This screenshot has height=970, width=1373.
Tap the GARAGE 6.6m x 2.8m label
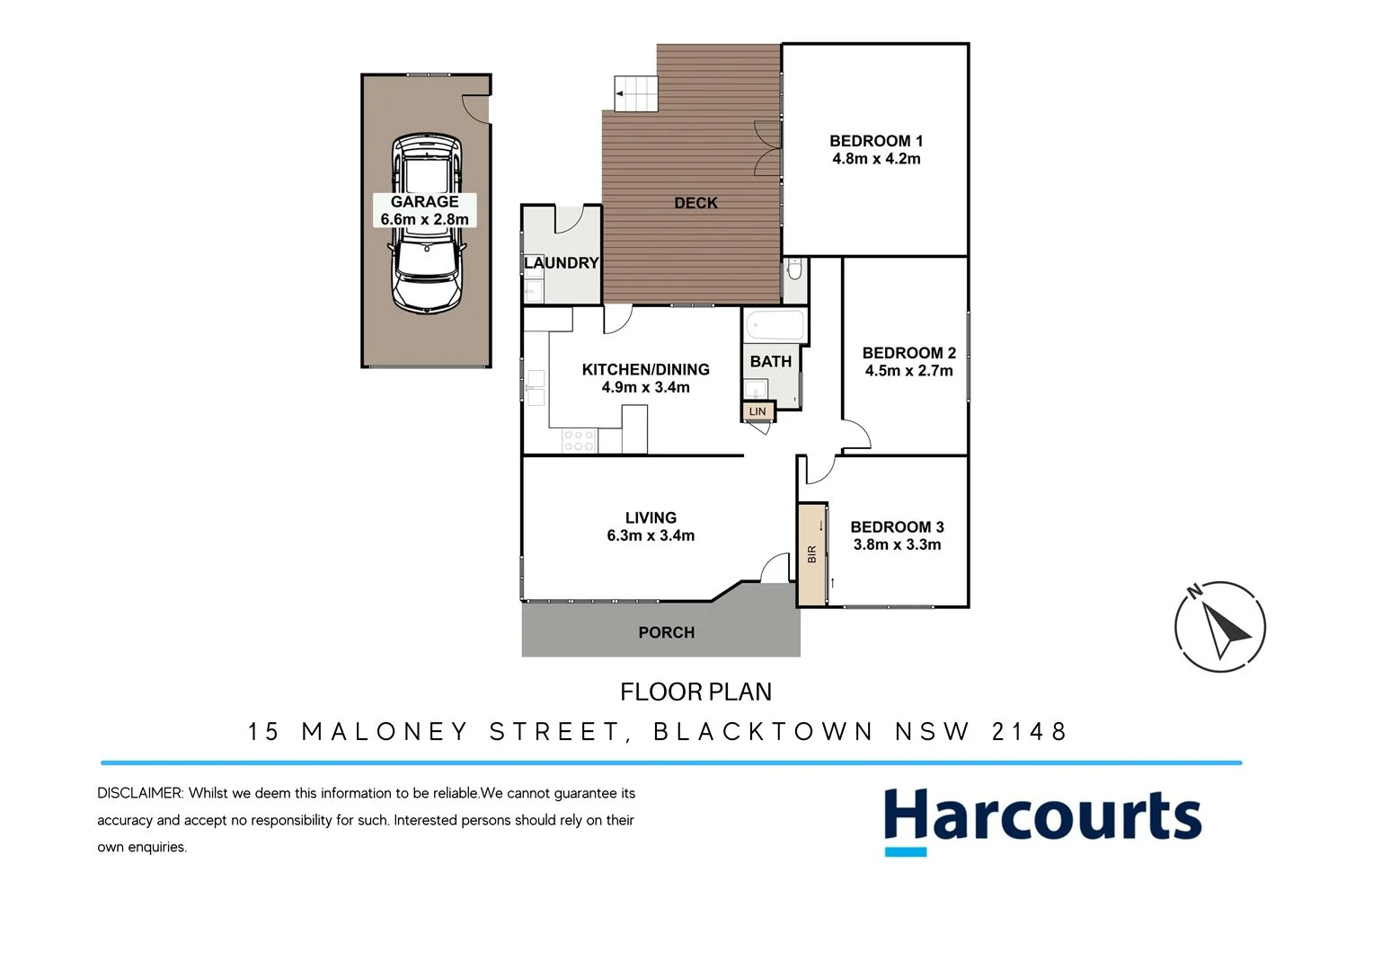[x=424, y=210]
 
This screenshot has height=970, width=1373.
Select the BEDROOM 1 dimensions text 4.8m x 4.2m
[x=876, y=159]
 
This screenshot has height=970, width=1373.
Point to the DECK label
[x=695, y=203]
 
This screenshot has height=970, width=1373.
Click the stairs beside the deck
[x=636, y=93]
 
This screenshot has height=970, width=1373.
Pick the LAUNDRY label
[x=561, y=262]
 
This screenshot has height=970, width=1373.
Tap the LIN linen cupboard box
[x=757, y=411]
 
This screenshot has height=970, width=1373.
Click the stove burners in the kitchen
[x=579, y=440]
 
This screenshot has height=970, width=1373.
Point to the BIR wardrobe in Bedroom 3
[x=811, y=554]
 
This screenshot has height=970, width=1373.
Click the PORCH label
[x=666, y=632]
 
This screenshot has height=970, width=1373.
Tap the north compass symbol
[x=1219, y=626]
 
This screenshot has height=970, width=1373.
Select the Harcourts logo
[x=1042, y=820]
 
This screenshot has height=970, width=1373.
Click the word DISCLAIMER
[x=139, y=793]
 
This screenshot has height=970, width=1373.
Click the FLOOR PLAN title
[x=695, y=692]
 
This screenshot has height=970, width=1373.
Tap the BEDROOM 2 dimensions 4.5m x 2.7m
[x=908, y=370]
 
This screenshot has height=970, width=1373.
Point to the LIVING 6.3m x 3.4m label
[x=651, y=526]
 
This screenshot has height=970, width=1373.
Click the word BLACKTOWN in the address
[x=763, y=731]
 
